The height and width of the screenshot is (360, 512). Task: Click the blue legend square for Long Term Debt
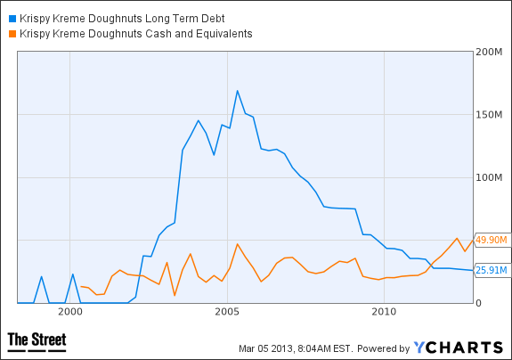(12, 19)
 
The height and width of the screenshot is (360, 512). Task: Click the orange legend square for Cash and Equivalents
(12, 34)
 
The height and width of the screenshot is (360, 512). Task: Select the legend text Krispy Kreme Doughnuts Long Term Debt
(122, 19)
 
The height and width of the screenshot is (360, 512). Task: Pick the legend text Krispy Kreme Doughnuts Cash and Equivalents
(136, 34)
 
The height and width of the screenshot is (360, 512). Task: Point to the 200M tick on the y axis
(489, 52)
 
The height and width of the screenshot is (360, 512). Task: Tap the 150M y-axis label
(489, 115)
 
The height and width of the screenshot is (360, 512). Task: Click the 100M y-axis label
(489, 177)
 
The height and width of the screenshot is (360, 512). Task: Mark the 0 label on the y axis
(478, 303)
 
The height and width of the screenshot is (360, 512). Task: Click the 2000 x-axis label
(70, 312)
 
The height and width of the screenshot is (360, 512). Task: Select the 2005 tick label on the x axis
(227, 312)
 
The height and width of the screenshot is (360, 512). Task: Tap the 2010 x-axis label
(384, 312)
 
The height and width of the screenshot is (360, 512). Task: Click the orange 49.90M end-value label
(492, 240)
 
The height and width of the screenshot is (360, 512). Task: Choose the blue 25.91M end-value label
(492, 270)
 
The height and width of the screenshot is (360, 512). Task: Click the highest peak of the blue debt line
(238, 91)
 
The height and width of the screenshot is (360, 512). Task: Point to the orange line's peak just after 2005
(238, 243)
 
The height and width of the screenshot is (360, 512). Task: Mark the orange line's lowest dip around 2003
(175, 295)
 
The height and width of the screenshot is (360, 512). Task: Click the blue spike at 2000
(73, 274)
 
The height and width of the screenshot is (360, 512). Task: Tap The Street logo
(37, 342)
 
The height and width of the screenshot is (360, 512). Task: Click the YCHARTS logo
(458, 348)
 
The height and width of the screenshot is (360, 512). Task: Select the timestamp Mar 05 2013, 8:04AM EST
(296, 348)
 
